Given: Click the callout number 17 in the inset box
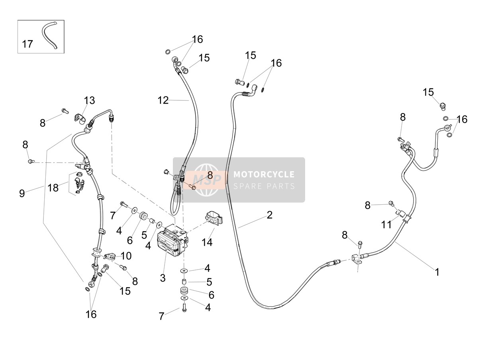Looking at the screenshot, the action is click(27, 44).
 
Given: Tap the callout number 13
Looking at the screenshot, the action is click(89, 100).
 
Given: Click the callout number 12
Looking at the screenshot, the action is click(163, 100).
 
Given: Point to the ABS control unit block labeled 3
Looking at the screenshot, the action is click(172, 240).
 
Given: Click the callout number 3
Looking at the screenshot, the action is click(163, 278).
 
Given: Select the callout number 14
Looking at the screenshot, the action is click(207, 242).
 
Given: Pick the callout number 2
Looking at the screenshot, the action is click(270, 215).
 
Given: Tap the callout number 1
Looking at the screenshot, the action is click(437, 272).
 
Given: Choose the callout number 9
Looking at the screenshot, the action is click(22, 193).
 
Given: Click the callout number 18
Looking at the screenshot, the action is click(53, 188).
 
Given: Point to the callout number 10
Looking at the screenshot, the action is click(126, 256).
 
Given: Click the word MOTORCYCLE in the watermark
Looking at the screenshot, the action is click(264, 174).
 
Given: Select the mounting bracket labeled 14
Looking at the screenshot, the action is click(214, 217).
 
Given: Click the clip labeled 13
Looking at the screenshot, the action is click(80, 119).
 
